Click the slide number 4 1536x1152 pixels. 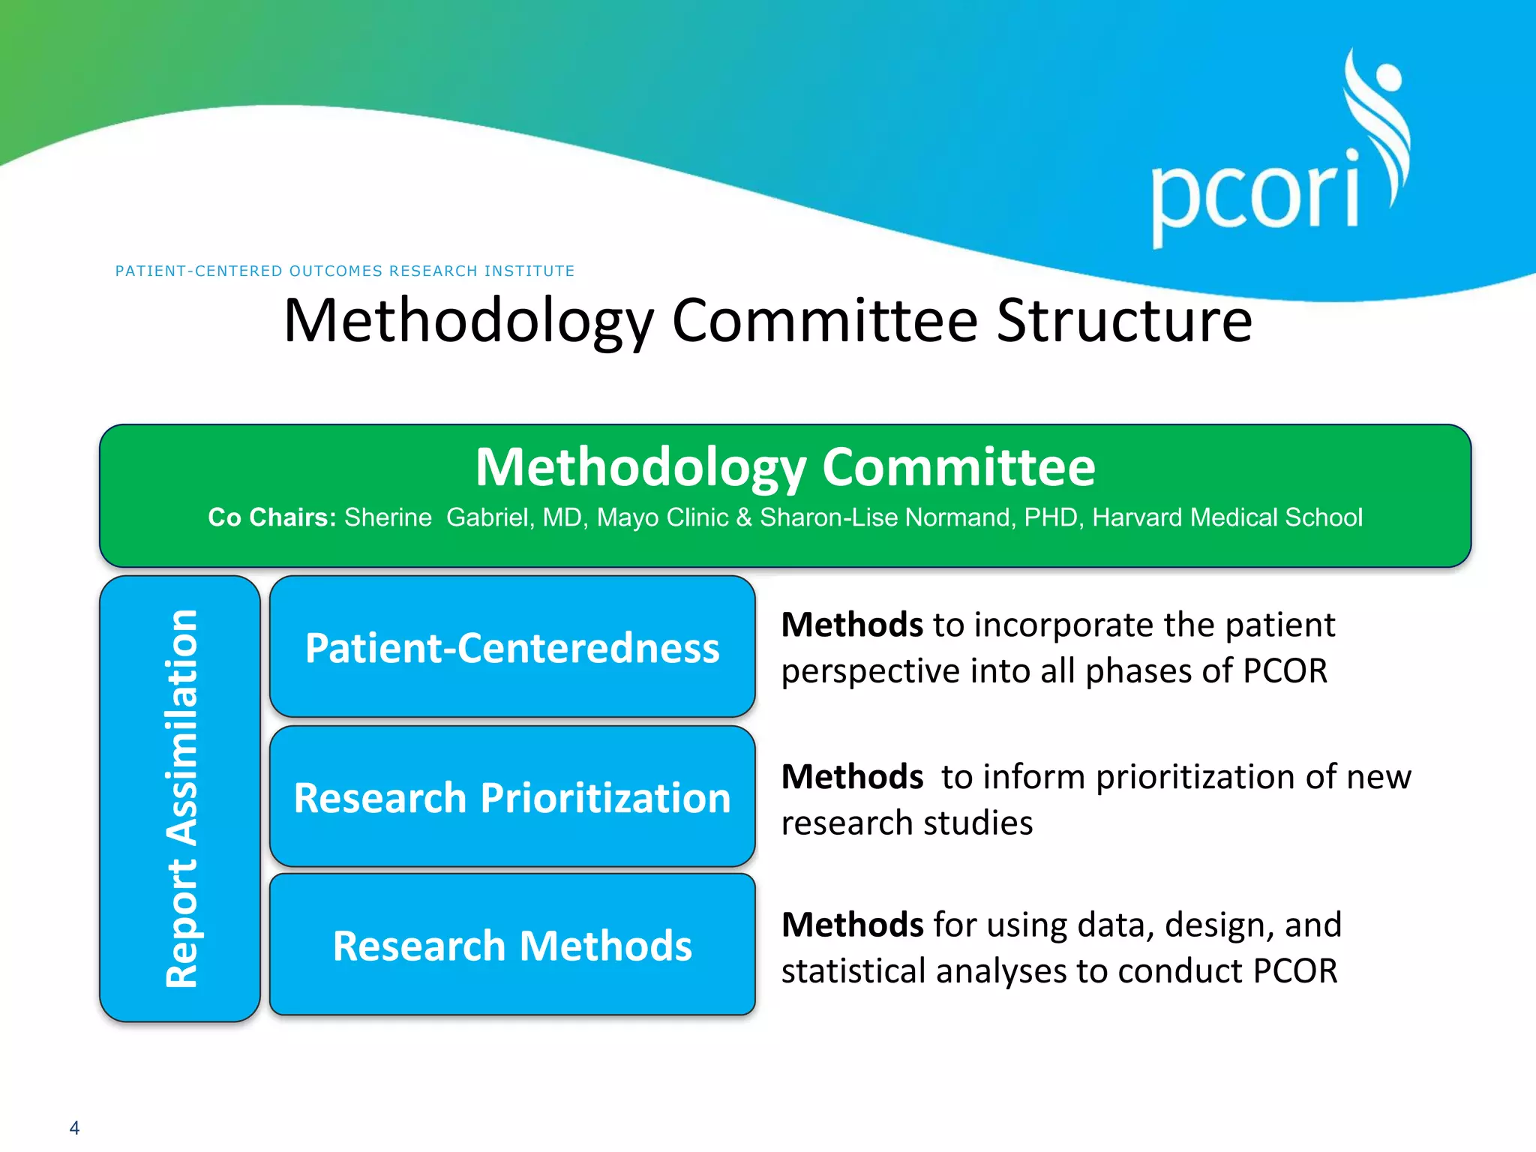pyautogui.click(x=74, y=1127)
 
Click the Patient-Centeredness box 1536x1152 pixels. pyautogui.click(x=512, y=646)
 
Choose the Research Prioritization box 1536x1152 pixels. pyautogui.click(x=512, y=796)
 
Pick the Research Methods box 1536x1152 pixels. pyautogui.click(x=512, y=945)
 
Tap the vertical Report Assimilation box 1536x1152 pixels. pyautogui.click(x=180, y=798)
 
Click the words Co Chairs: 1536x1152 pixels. pyautogui.click(x=271, y=517)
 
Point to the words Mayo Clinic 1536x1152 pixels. pyautogui.click(x=662, y=517)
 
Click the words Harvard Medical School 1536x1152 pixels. pyautogui.click(x=1227, y=517)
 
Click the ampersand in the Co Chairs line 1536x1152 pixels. pyautogui.click(x=744, y=517)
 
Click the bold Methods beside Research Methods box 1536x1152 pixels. pyautogui.click(x=852, y=925)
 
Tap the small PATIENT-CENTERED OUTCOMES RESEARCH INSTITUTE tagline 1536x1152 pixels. pyautogui.click(x=345, y=271)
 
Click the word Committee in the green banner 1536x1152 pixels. pyautogui.click(x=958, y=467)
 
